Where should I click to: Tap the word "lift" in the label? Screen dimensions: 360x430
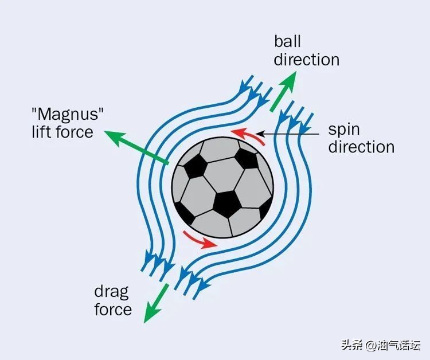point(42,132)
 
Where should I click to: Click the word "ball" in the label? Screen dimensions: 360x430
point(287,41)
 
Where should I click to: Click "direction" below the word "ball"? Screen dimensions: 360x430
point(306,60)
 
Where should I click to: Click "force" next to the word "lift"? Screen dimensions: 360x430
point(73,132)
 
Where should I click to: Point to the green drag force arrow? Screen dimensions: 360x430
point(155,303)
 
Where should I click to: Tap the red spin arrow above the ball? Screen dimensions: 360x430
point(250,136)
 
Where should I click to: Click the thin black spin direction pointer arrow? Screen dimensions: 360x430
point(287,134)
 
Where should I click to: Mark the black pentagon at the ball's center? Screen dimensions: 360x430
point(226,202)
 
